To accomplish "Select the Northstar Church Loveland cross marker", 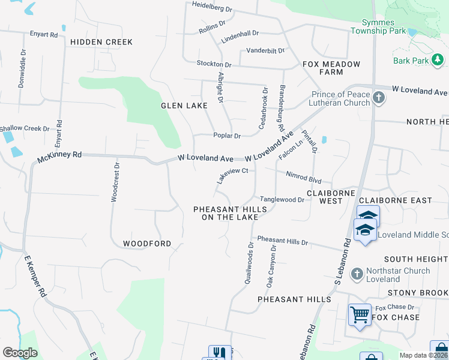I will pos(357,274).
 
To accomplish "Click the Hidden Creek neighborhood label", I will pos(101,42).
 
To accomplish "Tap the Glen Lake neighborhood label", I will pos(184,106).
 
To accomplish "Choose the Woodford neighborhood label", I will pos(147,244).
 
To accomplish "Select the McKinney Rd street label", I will pos(59,158).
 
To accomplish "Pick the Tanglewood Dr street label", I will pos(282,199).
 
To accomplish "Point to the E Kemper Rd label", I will pos(35,277).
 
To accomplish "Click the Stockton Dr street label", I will pos(214,64).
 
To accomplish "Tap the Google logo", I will pos(20,353).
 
